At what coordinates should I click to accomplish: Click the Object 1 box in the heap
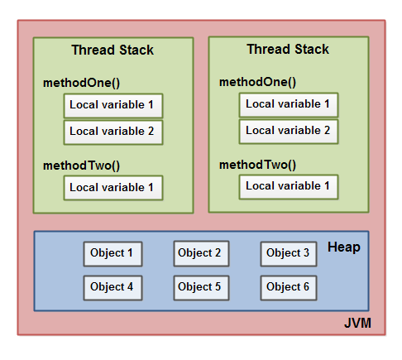click(x=112, y=253)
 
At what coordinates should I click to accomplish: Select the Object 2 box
click(x=201, y=253)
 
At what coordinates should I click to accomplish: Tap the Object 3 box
click(x=289, y=253)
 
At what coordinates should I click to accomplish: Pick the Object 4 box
click(x=112, y=286)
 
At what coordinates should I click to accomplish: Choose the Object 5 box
click(x=201, y=286)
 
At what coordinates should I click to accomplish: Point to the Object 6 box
click(x=289, y=286)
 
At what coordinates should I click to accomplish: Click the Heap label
click(x=343, y=247)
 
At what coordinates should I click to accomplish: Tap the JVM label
click(x=357, y=322)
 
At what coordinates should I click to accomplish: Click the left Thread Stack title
click(x=112, y=50)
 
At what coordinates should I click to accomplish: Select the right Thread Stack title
click(x=288, y=50)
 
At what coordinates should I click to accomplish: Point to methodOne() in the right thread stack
click(x=257, y=82)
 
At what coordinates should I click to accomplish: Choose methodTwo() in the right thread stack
click(x=257, y=165)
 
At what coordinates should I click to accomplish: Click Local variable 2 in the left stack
click(x=112, y=132)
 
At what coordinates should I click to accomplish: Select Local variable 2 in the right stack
click(x=289, y=131)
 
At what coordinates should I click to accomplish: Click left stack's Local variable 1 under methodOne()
click(x=112, y=105)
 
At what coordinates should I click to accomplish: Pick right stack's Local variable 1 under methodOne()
click(x=289, y=104)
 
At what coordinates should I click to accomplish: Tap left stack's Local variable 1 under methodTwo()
click(x=112, y=188)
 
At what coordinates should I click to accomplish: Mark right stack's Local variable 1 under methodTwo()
click(x=289, y=186)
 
